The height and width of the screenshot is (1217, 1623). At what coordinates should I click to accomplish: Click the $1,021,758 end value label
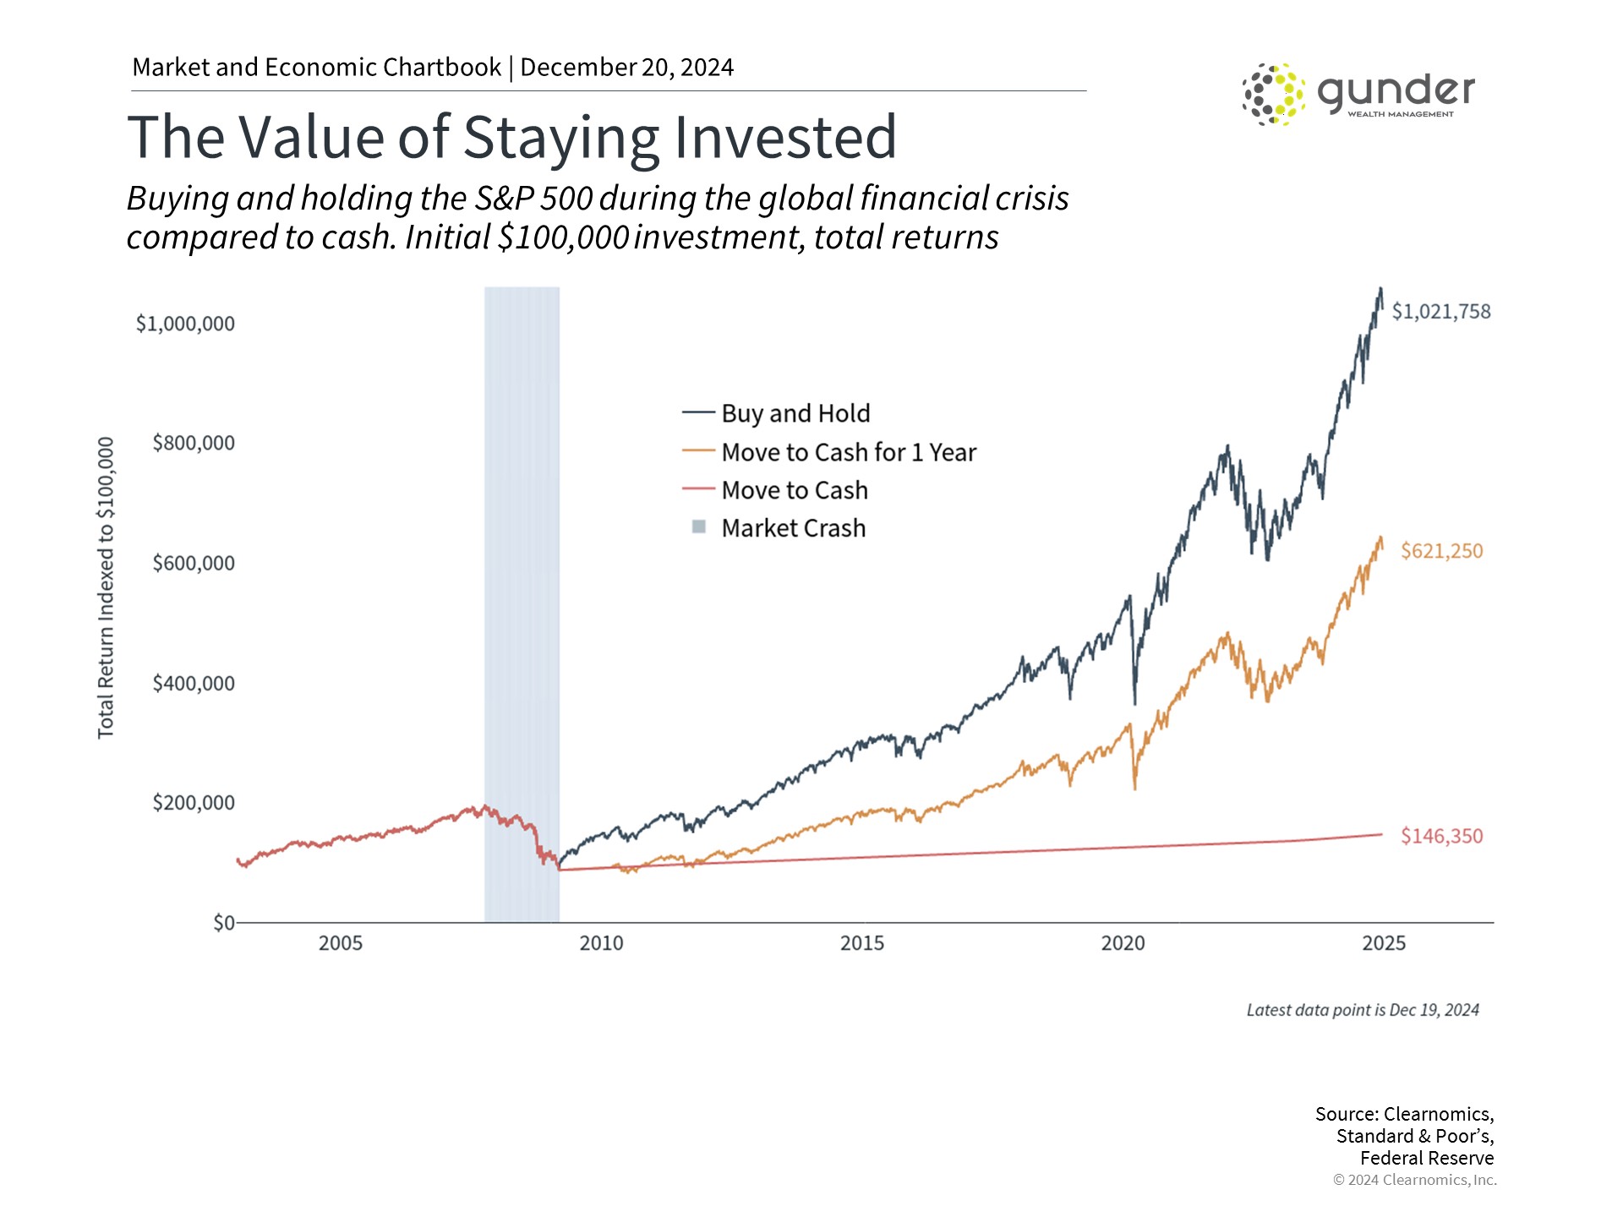pyautogui.click(x=1440, y=312)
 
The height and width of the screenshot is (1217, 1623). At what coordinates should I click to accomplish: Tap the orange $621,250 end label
pyautogui.click(x=1441, y=551)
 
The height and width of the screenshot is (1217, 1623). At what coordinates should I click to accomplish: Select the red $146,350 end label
pyautogui.click(x=1441, y=836)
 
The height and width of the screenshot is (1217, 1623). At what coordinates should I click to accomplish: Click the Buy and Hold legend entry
pyautogui.click(x=795, y=413)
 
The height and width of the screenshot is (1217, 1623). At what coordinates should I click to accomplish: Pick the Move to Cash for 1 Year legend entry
pyautogui.click(x=848, y=452)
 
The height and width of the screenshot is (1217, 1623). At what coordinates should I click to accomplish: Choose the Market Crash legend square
pyautogui.click(x=699, y=527)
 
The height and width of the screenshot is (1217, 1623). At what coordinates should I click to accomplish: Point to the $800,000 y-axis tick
pyautogui.click(x=193, y=443)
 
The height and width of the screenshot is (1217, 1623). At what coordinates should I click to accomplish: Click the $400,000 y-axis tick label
pyautogui.click(x=193, y=683)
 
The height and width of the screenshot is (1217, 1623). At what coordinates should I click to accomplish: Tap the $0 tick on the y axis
pyautogui.click(x=223, y=922)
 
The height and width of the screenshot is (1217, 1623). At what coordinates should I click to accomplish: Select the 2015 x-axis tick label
pyautogui.click(x=861, y=943)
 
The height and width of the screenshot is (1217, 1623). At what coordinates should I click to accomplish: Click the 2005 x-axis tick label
pyautogui.click(x=340, y=943)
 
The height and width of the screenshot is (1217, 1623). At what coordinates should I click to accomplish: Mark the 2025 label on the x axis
pyautogui.click(x=1383, y=943)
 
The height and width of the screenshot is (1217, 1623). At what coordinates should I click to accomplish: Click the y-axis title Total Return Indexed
pyautogui.click(x=106, y=587)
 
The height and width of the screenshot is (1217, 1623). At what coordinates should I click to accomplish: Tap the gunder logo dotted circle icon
pyautogui.click(x=1272, y=94)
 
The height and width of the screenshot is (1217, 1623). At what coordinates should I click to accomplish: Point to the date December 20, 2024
pyautogui.click(x=626, y=68)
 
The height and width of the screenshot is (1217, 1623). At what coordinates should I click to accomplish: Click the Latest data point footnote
pyautogui.click(x=1362, y=1010)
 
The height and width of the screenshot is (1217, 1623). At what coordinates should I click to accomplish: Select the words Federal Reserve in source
pyautogui.click(x=1426, y=1158)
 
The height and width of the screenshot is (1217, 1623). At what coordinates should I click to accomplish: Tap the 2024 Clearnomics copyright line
pyautogui.click(x=1414, y=1180)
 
